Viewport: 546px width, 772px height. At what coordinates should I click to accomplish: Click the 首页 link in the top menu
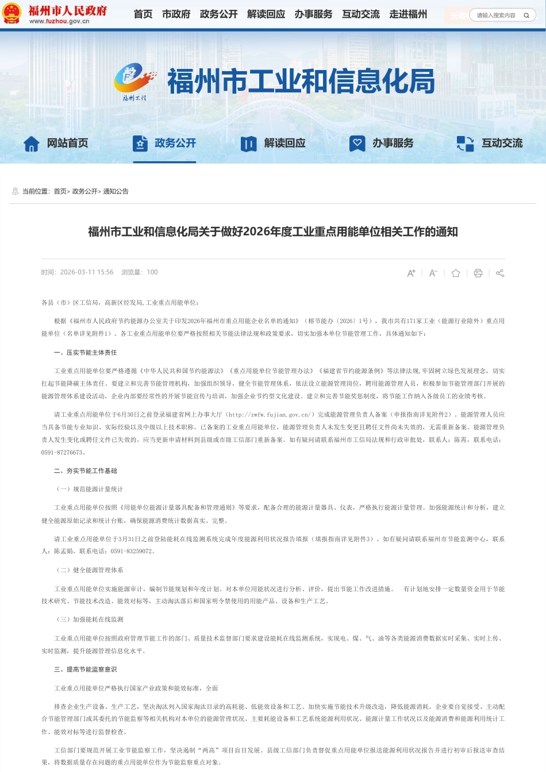[143, 14]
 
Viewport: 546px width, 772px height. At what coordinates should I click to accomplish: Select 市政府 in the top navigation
[176, 14]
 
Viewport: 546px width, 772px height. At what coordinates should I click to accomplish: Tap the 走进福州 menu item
[408, 14]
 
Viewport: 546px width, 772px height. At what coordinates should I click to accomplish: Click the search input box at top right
[497, 15]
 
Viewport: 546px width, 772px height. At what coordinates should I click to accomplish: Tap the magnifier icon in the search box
[526, 15]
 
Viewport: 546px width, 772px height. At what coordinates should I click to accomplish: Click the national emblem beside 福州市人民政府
[12, 13]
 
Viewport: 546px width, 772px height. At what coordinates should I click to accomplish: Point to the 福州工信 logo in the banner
[135, 82]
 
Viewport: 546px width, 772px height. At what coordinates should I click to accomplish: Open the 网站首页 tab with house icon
[56, 143]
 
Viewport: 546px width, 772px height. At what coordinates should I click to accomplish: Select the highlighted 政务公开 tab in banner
[164, 143]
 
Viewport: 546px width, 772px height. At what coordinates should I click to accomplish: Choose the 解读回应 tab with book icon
[274, 143]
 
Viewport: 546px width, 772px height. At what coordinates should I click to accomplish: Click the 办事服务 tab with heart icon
[382, 143]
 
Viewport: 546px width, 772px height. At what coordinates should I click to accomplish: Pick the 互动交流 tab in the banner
[490, 143]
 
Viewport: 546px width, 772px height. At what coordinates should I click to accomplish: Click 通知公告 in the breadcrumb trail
[116, 192]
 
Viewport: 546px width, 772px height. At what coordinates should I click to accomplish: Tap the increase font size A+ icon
[411, 273]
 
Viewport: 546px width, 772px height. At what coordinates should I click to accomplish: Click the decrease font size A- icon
[433, 273]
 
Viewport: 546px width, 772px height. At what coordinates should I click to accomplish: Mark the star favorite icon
[456, 273]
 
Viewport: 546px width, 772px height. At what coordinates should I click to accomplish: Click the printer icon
[478, 273]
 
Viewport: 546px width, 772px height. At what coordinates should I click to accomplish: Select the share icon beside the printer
[500, 273]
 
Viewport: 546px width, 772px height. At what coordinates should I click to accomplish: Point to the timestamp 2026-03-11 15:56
[87, 273]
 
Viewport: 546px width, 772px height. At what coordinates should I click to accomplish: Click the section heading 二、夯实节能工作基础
[86, 471]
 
